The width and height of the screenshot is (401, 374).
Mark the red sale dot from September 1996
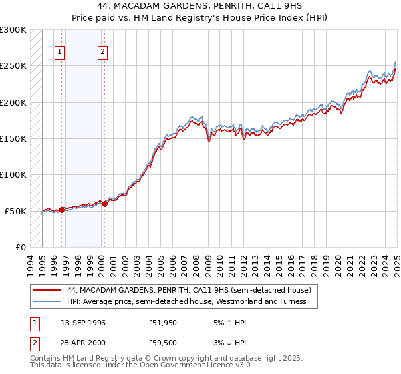(x=62, y=210)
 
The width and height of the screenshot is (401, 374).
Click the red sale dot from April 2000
(x=105, y=204)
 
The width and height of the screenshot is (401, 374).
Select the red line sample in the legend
(x=47, y=291)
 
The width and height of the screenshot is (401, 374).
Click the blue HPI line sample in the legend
(x=47, y=301)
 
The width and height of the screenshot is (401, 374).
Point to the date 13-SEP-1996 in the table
(x=83, y=323)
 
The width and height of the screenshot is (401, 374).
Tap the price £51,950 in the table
(x=163, y=323)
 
